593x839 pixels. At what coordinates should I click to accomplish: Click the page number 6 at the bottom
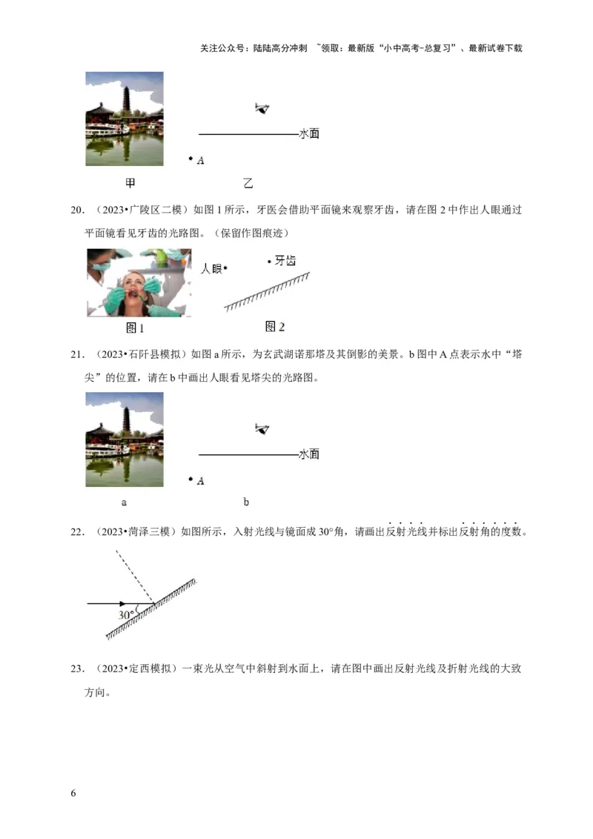tap(73, 793)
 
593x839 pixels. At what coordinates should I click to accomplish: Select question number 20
tap(76, 210)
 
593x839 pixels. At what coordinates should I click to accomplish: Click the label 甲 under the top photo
tap(130, 182)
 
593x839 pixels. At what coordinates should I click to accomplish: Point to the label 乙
tap(248, 182)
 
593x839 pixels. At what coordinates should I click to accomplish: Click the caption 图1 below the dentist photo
tap(135, 328)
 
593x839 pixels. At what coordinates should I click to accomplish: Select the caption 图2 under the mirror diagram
tap(275, 327)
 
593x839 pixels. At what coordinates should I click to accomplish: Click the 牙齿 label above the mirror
tap(285, 261)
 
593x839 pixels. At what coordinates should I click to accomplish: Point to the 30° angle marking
tap(126, 614)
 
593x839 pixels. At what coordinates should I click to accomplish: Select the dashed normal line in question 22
tap(135, 577)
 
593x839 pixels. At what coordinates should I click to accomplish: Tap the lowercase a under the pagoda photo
tap(124, 503)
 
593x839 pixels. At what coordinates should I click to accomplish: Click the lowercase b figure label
tap(246, 503)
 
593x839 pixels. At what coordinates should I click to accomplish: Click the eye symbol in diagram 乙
tap(261, 109)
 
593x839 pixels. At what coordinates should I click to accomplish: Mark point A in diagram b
tap(191, 480)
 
